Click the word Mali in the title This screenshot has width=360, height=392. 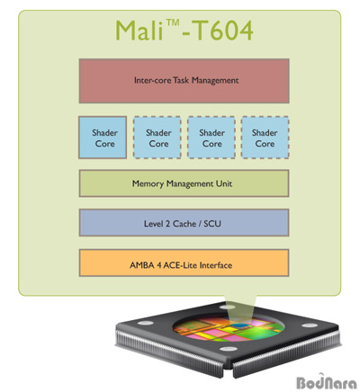pyautogui.click(x=139, y=31)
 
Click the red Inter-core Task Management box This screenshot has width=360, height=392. pyautogui.click(x=184, y=81)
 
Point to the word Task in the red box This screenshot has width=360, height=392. pyautogui.click(x=181, y=80)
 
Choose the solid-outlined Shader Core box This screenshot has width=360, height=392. pyautogui.click(x=103, y=138)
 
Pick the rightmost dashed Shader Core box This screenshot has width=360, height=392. pyautogui.click(x=265, y=138)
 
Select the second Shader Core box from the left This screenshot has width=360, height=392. pyautogui.click(x=157, y=138)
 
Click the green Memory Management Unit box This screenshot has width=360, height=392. pyautogui.click(x=184, y=183)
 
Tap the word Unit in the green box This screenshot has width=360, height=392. pyautogui.click(x=224, y=183)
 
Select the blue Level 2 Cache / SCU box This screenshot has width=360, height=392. pyautogui.click(x=184, y=223)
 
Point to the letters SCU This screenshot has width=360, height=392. pyautogui.click(x=212, y=224)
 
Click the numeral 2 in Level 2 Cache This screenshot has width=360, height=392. pyautogui.click(x=168, y=224)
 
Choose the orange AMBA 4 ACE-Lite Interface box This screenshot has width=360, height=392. pyautogui.click(x=184, y=263)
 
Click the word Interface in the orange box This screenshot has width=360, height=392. pyautogui.click(x=216, y=265)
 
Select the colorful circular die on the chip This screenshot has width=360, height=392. pyautogui.click(x=229, y=328)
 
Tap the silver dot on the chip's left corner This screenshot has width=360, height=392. pyautogui.click(x=146, y=323)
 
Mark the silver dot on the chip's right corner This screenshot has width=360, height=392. pyautogui.click(x=310, y=325)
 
